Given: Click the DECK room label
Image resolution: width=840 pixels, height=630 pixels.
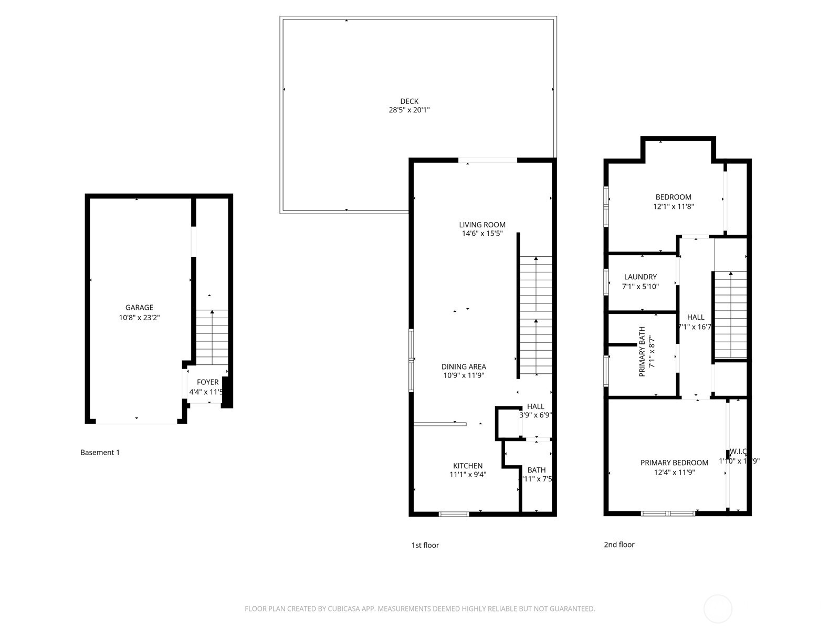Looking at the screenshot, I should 409,101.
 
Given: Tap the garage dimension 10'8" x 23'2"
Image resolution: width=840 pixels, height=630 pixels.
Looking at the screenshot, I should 139,318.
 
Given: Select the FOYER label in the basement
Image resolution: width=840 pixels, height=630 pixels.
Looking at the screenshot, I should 207,382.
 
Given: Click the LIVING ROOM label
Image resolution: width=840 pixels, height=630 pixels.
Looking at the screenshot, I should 482,225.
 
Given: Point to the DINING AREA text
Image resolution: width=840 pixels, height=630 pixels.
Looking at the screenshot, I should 464,366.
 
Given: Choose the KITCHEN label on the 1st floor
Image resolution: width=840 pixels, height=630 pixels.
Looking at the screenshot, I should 468,466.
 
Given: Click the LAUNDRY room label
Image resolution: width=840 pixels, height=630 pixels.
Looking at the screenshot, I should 640,277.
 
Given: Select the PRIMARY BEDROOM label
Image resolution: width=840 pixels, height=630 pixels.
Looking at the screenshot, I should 674,463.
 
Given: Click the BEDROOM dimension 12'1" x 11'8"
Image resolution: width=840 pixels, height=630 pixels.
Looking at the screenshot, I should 673,207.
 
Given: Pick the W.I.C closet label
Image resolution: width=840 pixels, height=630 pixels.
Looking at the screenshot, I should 738,451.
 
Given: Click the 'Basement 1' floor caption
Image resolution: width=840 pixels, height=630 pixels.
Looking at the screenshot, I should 100,453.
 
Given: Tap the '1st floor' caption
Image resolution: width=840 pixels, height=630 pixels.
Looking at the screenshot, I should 425,545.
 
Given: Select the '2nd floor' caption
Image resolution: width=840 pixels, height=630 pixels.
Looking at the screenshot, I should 619,545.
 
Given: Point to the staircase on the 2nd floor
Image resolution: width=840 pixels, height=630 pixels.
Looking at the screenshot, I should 730,315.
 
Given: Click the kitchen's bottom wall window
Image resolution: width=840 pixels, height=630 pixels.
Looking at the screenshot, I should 454,514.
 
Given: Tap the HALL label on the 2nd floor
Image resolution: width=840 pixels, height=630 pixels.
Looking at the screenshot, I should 696,317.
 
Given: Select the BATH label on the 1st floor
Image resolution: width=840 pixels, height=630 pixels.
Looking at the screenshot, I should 537,470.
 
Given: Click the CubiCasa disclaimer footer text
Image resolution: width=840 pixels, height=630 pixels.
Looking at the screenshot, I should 419,609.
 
